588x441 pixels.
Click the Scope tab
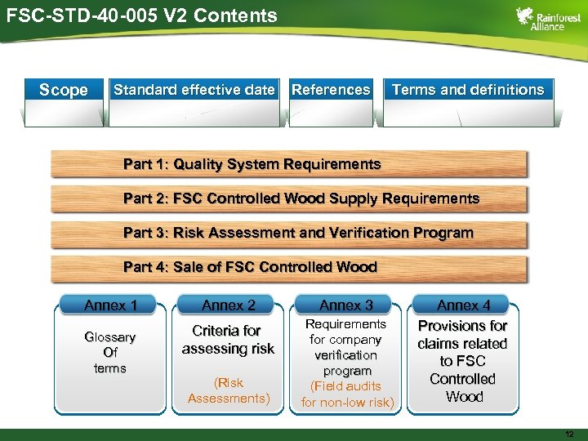[64, 91]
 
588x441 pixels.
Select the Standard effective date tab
[194, 90]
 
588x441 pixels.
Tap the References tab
[331, 90]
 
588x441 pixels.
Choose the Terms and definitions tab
[467, 90]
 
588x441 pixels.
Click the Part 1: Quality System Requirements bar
[288, 164]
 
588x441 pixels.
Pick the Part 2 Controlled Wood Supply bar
[288, 198]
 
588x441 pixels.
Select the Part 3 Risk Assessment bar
[288, 233]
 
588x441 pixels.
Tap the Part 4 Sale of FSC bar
[288, 267]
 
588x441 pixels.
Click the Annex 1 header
[110, 305]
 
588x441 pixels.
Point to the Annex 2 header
[228, 305]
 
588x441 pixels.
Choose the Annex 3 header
[346, 305]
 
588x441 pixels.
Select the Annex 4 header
[463, 305]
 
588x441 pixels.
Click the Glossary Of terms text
[110, 352]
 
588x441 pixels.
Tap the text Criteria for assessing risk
[228, 340]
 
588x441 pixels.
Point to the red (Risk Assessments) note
[228, 390]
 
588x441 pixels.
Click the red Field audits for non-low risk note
[347, 394]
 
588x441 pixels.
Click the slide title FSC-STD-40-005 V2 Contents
[140, 16]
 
